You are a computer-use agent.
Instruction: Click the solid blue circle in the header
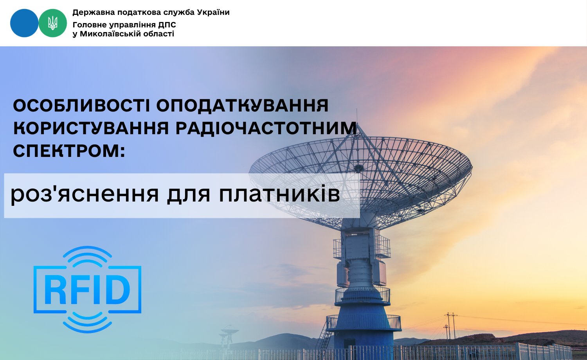click(24, 23)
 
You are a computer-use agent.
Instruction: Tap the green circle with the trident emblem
click(53, 23)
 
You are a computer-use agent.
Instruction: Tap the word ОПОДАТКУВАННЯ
click(242, 106)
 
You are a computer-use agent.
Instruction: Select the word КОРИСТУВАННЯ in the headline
click(91, 128)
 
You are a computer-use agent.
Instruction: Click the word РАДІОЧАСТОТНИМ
click(266, 128)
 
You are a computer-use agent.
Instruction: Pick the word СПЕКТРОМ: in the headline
click(69, 151)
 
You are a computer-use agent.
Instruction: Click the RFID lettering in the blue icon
click(87, 290)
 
